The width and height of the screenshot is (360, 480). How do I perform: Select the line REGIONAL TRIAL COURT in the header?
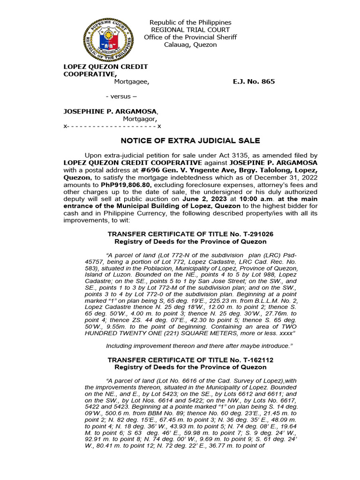click(x=190, y=30)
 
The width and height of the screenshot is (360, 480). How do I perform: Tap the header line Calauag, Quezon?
click(x=190, y=45)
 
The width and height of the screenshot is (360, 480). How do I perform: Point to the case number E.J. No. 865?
click(x=254, y=82)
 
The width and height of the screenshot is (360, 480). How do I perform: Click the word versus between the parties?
click(x=121, y=97)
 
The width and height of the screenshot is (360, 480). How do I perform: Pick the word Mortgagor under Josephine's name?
click(x=140, y=119)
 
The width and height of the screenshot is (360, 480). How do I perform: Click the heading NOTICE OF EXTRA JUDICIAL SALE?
click(x=190, y=141)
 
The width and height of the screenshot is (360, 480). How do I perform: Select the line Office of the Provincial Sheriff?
click(x=190, y=37)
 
